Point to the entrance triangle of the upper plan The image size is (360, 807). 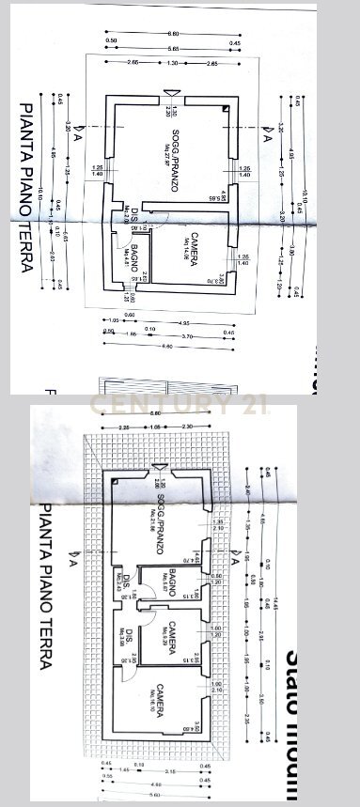(x=169, y=92)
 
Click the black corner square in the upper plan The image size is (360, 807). (x=227, y=110)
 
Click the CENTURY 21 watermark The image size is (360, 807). (x=179, y=405)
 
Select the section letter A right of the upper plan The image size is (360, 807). (x=267, y=138)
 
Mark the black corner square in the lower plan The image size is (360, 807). (x=113, y=481)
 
